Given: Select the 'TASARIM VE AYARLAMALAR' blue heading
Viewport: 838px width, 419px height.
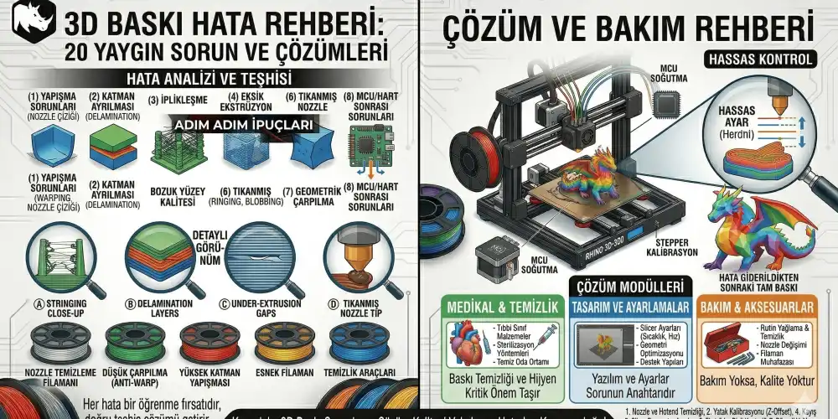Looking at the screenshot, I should (629, 308).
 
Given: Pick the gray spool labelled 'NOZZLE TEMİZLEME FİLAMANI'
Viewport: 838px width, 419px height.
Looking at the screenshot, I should (60, 343).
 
